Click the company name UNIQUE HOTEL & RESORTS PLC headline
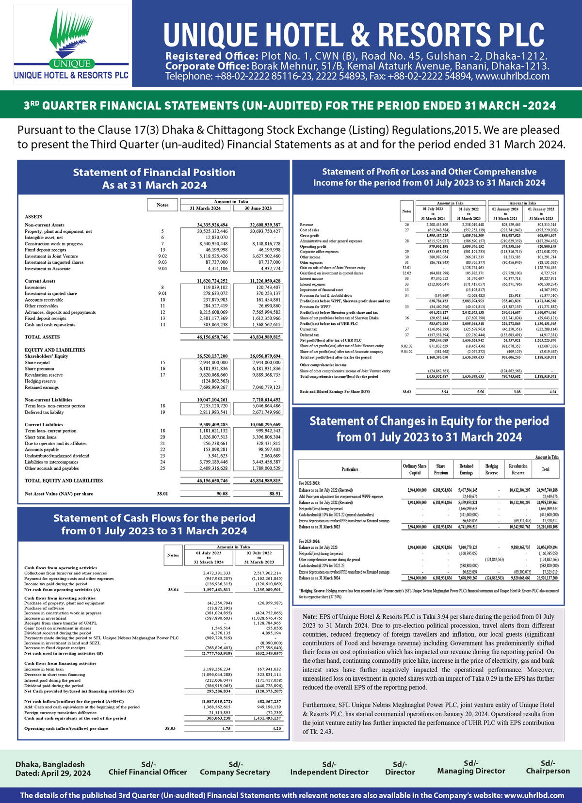click(354, 34)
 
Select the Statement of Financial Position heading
click(154, 178)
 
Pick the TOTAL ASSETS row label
click(42, 337)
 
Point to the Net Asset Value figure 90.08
click(222, 494)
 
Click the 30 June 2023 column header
click(258, 208)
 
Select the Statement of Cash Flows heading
click(154, 524)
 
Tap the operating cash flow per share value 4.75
click(226, 728)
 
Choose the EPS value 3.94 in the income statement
click(444, 391)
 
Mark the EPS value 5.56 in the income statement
click(480, 391)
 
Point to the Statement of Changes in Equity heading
click(429, 429)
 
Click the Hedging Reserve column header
click(491, 469)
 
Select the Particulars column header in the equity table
click(350, 469)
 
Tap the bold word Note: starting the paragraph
click(310, 616)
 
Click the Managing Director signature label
click(471, 771)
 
